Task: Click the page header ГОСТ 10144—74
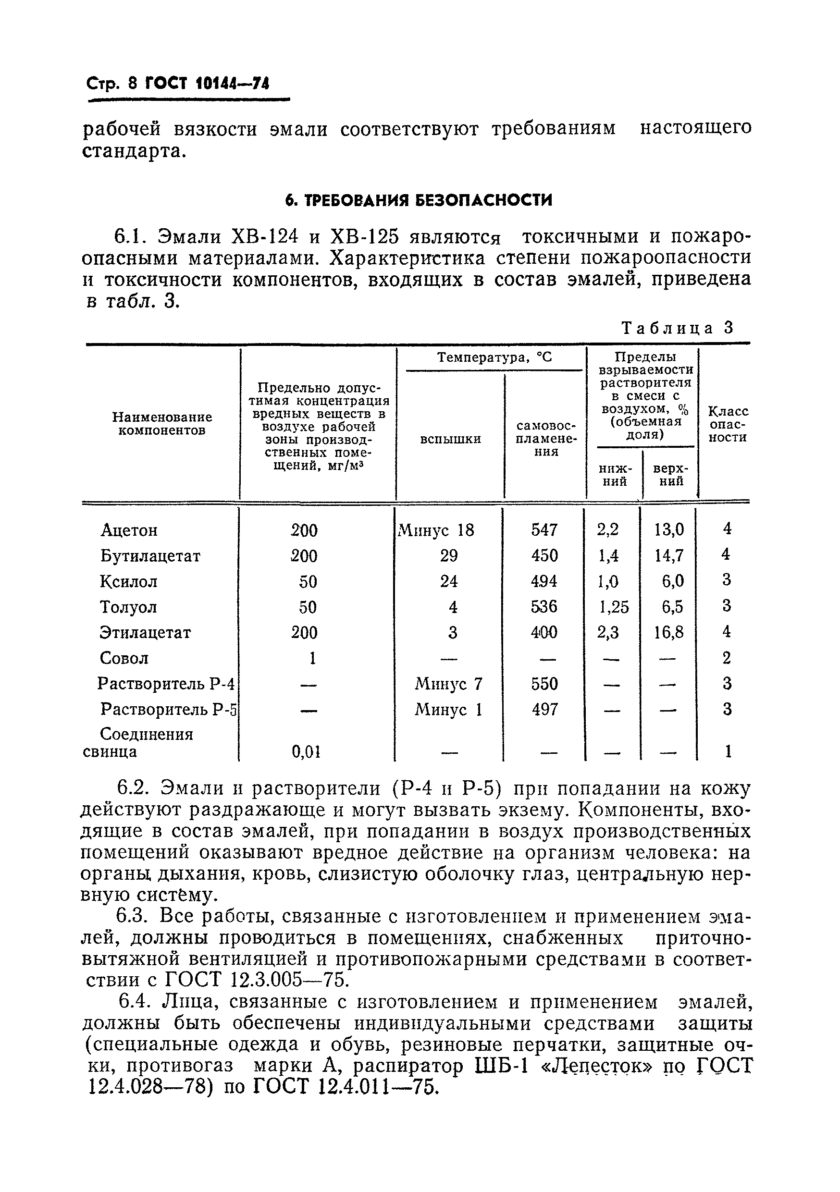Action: (x=207, y=83)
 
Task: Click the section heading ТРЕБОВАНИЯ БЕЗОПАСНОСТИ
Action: (x=419, y=200)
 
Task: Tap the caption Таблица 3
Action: (x=678, y=328)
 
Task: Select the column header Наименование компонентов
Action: (x=162, y=424)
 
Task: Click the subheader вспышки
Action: (x=450, y=439)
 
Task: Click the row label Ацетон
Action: (x=129, y=530)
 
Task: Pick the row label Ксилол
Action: (x=128, y=581)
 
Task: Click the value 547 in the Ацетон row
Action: (x=544, y=529)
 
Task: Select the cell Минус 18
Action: (x=436, y=530)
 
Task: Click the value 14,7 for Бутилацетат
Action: (x=668, y=555)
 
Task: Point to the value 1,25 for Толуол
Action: (x=614, y=607)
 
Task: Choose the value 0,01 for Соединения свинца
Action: (x=306, y=751)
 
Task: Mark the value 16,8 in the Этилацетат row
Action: (x=668, y=632)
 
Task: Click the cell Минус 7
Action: (x=448, y=684)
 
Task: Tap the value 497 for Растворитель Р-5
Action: (x=544, y=709)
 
